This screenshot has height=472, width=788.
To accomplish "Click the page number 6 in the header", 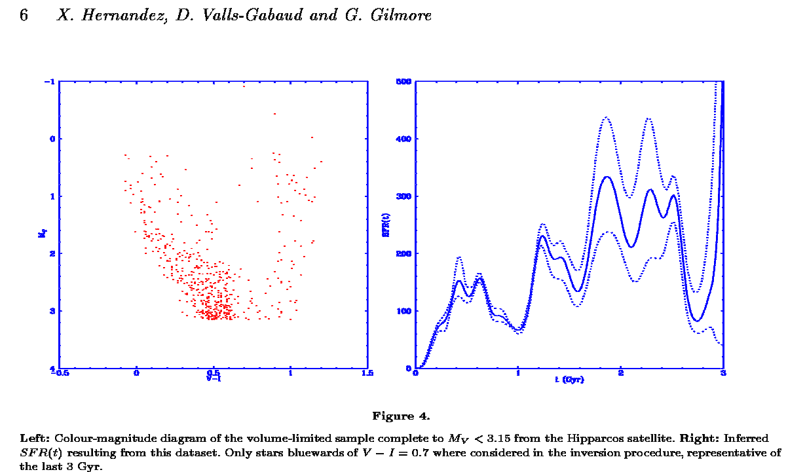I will coord(24,16).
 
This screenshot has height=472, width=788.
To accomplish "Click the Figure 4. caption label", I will coord(401,416).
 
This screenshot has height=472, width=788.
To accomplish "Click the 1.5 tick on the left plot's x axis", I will coord(367,374).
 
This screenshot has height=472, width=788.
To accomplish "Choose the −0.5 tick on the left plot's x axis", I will coord(61,374).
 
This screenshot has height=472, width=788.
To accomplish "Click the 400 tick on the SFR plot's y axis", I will coord(403,139).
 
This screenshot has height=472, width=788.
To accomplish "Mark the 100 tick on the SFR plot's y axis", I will coord(403,311).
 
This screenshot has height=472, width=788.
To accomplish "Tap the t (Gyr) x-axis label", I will coord(569,379).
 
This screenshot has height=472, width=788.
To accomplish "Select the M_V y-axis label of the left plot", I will coord(41,225).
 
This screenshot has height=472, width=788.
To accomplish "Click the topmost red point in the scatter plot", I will coord(244,86).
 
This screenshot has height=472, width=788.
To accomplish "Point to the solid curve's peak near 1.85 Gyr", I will coord(606,177).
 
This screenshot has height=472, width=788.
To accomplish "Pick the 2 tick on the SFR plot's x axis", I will coord(620,374).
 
